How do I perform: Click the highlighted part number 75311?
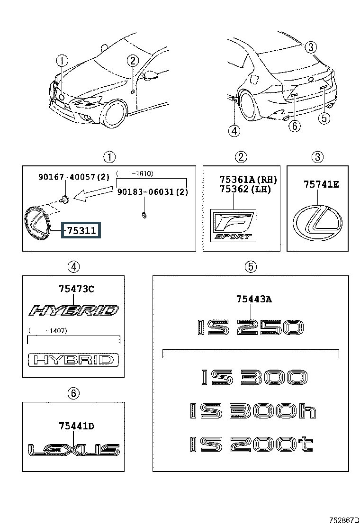click(x=81, y=230)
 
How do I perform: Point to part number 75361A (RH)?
click(x=248, y=180)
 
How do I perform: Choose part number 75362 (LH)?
click(x=245, y=189)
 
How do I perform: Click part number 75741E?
click(x=321, y=184)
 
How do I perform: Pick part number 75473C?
click(x=77, y=289)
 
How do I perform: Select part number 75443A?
click(x=254, y=299)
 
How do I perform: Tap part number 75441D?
click(x=77, y=426)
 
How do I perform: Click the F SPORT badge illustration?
click(x=233, y=225)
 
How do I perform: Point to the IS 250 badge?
click(x=250, y=327)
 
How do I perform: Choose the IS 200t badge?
click(x=252, y=444)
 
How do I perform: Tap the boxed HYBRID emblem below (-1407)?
click(x=73, y=360)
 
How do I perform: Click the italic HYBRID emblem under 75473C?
click(x=73, y=310)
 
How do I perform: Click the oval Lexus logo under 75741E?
click(x=317, y=222)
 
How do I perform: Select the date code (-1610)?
click(x=135, y=173)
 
